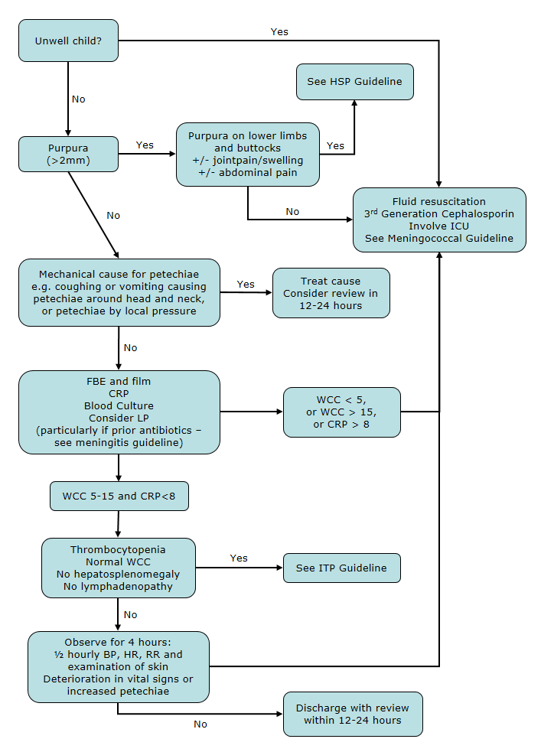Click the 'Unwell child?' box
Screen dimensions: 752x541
(68, 41)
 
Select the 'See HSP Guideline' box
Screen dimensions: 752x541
(355, 81)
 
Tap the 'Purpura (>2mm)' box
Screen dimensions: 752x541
(68, 154)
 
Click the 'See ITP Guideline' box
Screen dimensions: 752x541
(341, 568)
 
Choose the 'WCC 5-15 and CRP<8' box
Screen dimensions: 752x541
(119, 496)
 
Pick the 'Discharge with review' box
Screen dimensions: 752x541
(352, 714)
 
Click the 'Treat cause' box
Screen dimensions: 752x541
(331, 292)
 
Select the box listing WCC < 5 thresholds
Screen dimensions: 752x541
(341, 412)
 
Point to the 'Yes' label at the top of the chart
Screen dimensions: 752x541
(279, 32)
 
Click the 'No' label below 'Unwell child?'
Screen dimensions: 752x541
(79, 99)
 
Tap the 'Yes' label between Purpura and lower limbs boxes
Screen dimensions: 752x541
(145, 145)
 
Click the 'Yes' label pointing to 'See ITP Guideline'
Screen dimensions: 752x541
(239, 558)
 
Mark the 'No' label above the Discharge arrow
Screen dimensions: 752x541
(200, 724)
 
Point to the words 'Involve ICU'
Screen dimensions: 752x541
(439, 226)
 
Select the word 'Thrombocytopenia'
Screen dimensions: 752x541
(118, 549)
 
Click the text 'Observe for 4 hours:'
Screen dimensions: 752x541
(118, 643)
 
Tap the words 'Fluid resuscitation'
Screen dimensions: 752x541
(439, 202)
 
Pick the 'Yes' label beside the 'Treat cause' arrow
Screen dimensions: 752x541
(246, 284)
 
